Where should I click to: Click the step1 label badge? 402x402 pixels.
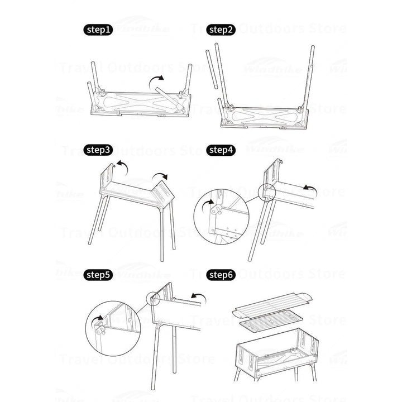(99, 30)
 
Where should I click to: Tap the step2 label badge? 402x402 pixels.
(221, 30)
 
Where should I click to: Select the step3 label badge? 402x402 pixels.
(99, 150)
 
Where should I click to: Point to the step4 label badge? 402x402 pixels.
(221, 150)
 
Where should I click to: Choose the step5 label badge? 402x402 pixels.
(99, 274)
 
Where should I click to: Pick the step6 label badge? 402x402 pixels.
(221, 274)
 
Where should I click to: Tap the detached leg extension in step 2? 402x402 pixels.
(210, 69)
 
